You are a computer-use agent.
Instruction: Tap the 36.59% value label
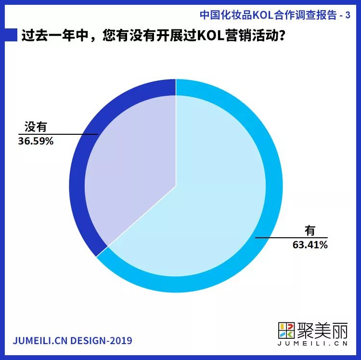[x=36, y=142]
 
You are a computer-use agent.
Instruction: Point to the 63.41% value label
[x=310, y=245]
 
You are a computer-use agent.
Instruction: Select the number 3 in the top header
[x=348, y=15]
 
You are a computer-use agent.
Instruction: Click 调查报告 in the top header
[x=316, y=15]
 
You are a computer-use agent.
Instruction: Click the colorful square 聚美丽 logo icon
[x=286, y=330]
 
